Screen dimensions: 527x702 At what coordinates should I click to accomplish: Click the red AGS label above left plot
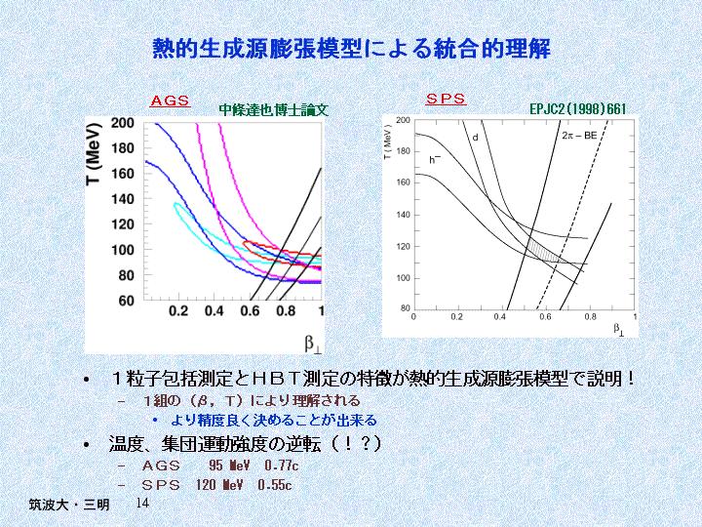[170, 101]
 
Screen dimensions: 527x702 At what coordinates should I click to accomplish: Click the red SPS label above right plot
[447, 99]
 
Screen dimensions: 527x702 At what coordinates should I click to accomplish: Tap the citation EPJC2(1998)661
[577, 109]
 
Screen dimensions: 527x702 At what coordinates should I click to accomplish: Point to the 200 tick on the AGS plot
[123, 124]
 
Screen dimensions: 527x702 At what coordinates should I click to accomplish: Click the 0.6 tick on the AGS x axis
[250, 311]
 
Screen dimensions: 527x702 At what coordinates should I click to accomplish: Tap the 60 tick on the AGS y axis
[127, 301]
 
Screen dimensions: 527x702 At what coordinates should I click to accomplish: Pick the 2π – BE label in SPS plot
[579, 138]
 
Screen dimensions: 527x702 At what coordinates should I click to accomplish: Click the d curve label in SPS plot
[475, 138]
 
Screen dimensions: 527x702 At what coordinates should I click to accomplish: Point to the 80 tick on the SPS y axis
[404, 308]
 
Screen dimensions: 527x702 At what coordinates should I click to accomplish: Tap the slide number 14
[142, 503]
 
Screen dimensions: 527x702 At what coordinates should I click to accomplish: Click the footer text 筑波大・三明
[68, 506]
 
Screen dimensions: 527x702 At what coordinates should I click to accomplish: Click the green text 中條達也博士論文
[274, 110]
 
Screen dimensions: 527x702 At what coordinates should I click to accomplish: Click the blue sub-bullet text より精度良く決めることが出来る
[274, 421]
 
